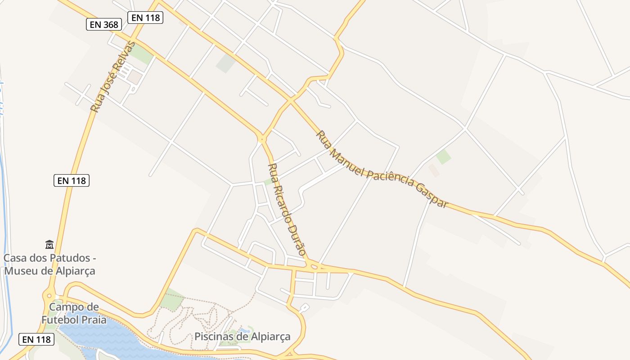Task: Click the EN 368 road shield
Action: (104, 24)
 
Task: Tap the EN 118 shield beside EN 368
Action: (145, 18)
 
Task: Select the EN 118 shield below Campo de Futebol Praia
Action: (36, 339)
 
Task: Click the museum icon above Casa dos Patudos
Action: (49, 244)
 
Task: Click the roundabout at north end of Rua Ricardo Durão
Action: (262, 139)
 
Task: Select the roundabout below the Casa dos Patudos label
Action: (49, 296)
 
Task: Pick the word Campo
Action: (74, 307)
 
